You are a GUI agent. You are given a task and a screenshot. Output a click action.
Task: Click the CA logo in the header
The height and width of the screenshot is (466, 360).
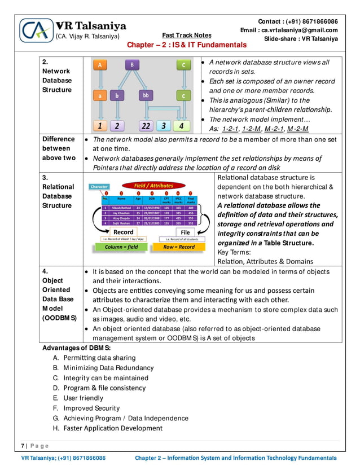coord(36,30)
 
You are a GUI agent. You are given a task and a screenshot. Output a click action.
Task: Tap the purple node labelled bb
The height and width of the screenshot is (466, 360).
coord(146,96)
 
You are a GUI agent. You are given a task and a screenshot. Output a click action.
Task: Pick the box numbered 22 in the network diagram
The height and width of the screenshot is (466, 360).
coord(146,126)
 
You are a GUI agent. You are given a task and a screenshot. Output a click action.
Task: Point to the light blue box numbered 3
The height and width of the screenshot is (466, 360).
coord(163,126)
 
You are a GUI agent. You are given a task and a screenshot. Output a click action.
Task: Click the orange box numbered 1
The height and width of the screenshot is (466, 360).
coord(99,126)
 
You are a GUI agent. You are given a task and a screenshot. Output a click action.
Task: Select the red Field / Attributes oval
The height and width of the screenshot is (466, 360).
coord(153,185)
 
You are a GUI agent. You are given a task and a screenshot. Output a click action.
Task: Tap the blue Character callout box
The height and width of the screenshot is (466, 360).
coord(99,186)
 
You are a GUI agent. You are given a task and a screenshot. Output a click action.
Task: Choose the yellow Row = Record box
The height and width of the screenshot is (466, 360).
coord(179,247)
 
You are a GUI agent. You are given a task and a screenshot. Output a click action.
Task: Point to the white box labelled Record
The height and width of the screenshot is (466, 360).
coord(124,232)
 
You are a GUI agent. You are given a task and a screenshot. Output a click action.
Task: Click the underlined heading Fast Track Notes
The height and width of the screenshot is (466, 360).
coord(186,34)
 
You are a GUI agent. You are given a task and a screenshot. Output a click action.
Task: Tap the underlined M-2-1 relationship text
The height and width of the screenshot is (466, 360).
coord(274,129)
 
